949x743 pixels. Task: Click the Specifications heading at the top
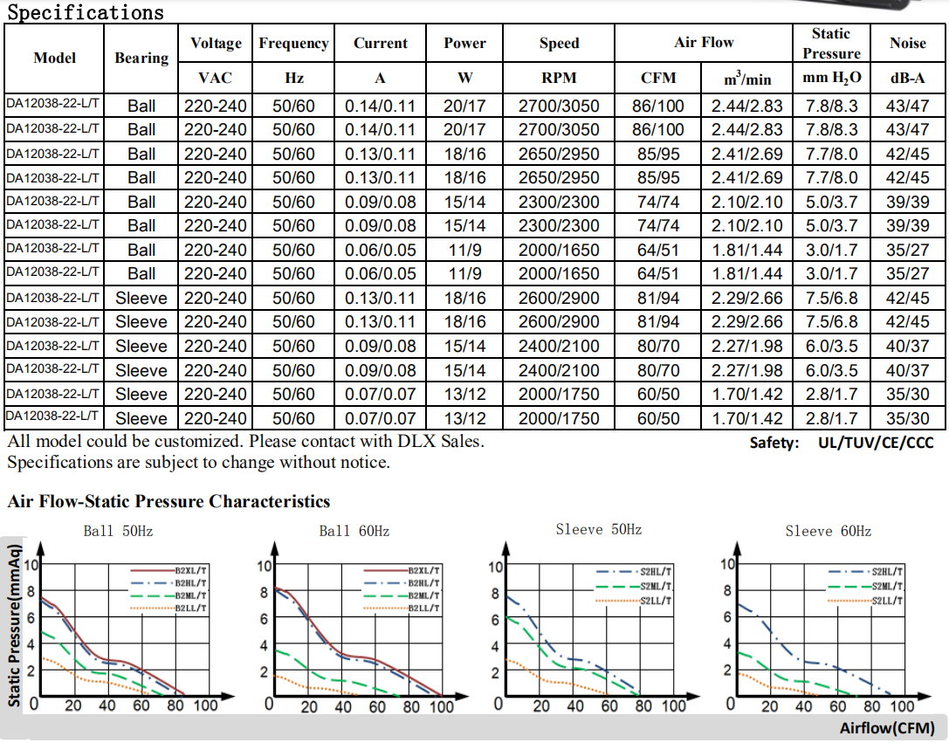pyautogui.click(x=86, y=12)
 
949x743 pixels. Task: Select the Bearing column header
pyautogui.click(x=141, y=58)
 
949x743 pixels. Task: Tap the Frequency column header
pyautogui.click(x=293, y=43)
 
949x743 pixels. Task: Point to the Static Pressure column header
pyautogui.click(x=830, y=43)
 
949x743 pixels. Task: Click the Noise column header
pyautogui.click(x=908, y=43)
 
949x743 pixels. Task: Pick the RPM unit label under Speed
pyautogui.click(x=559, y=78)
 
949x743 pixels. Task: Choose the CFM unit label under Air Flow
pyautogui.click(x=658, y=78)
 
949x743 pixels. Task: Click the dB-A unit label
pyautogui.click(x=908, y=78)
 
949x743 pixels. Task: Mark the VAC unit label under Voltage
pyautogui.click(x=215, y=78)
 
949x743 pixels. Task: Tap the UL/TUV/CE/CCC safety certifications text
pyautogui.click(x=876, y=443)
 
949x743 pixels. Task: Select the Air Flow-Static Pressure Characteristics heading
pyautogui.click(x=168, y=502)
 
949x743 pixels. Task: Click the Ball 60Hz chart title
pyautogui.click(x=354, y=531)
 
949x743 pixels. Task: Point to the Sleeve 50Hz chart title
pyautogui.click(x=599, y=529)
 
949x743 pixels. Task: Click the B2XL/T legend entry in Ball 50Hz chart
pyautogui.click(x=191, y=568)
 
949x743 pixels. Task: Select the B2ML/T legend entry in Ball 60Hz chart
pyautogui.click(x=423, y=595)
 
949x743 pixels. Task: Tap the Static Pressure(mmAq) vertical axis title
pyautogui.click(x=14, y=625)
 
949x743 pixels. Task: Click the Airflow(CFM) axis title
pyautogui.click(x=887, y=728)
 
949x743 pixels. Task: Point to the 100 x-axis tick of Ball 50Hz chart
pyautogui.click(x=206, y=705)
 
